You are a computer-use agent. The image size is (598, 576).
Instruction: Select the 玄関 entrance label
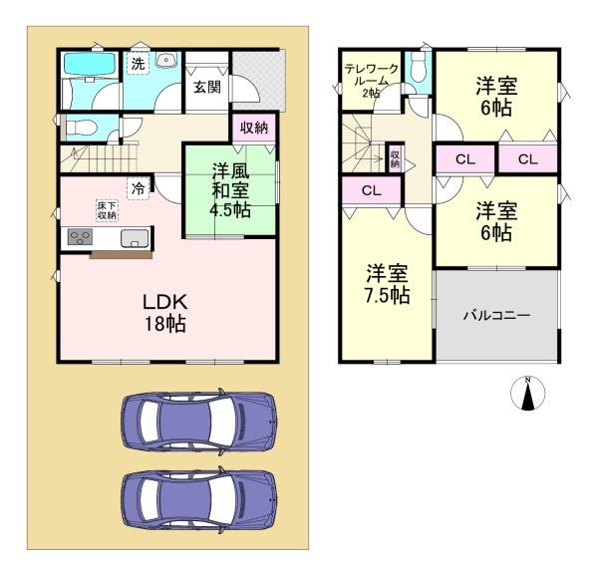click(207, 87)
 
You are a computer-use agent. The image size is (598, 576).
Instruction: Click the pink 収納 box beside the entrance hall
click(254, 127)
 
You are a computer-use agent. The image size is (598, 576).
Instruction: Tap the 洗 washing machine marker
click(139, 63)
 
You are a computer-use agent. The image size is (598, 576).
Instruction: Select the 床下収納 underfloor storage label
click(106, 210)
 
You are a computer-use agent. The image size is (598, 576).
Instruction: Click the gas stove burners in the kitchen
click(80, 237)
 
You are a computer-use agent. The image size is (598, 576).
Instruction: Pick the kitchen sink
click(135, 237)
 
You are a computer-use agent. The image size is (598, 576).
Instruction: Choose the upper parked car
click(199, 422)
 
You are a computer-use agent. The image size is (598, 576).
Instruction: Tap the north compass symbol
click(526, 395)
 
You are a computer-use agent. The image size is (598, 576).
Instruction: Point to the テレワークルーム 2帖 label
click(372, 78)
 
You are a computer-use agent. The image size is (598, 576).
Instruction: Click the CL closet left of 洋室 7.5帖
click(369, 190)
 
